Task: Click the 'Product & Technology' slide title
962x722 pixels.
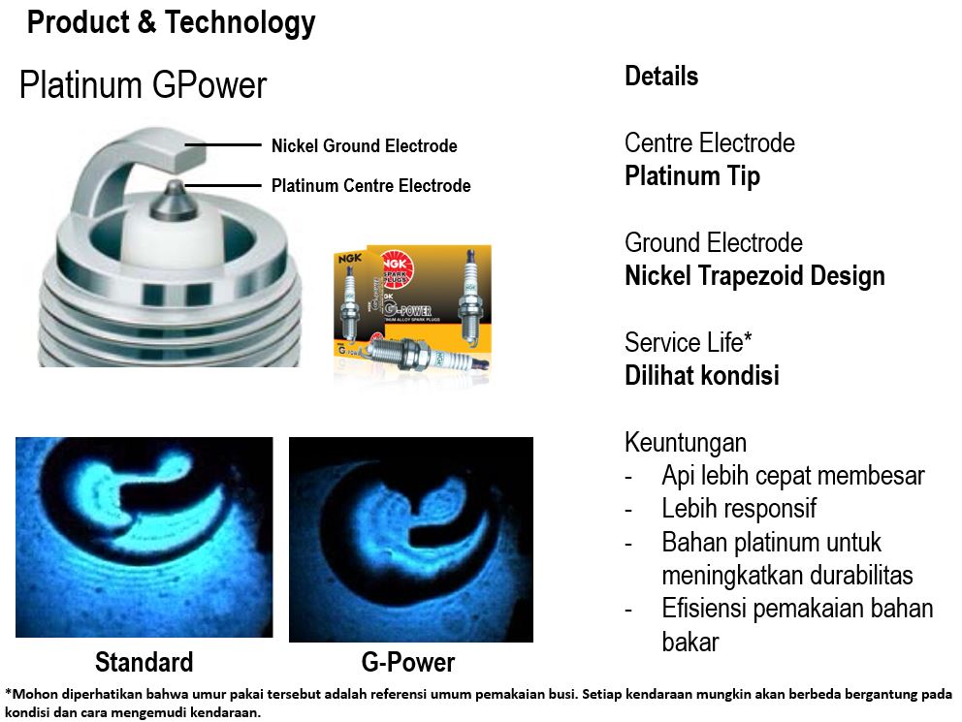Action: (x=172, y=23)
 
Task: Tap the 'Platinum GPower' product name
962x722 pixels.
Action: (x=143, y=84)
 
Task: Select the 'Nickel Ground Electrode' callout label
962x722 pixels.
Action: (x=365, y=146)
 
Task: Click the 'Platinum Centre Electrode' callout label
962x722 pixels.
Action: (x=371, y=185)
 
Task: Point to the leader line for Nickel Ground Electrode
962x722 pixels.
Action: (x=223, y=145)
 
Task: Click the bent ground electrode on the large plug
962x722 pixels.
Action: (x=116, y=166)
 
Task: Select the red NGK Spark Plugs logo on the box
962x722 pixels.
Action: (x=397, y=267)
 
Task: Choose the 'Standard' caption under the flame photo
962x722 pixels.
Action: (x=144, y=663)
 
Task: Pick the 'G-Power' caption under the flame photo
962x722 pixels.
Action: (x=408, y=663)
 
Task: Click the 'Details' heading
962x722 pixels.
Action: (x=661, y=76)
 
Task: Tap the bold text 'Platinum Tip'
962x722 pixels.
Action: (x=692, y=176)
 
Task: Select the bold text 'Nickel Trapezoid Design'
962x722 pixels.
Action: (x=754, y=276)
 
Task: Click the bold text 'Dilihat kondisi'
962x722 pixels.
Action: (x=702, y=375)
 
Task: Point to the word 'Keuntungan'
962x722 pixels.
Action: (x=686, y=443)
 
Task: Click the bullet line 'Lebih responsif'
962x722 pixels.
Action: (x=739, y=508)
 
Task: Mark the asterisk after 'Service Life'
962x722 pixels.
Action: (x=748, y=336)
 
